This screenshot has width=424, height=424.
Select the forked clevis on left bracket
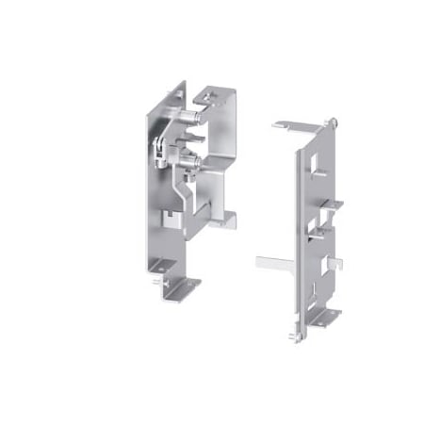click(x=163, y=147)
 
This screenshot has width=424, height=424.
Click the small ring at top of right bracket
click(x=334, y=121)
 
